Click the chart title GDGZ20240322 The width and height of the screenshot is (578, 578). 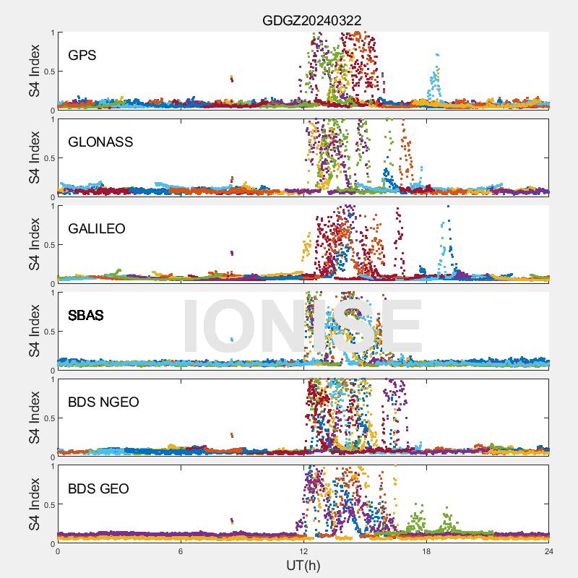pyautogui.click(x=311, y=21)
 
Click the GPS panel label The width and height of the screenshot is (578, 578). pyautogui.click(x=82, y=56)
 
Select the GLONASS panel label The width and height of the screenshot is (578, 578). pyautogui.click(x=100, y=142)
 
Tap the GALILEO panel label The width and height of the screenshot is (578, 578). pyautogui.click(x=97, y=229)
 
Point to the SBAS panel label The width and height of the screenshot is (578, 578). pyautogui.click(x=86, y=316)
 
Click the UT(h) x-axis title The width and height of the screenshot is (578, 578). pyautogui.click(x=303, y=564)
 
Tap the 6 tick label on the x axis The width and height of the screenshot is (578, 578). pyautogui.click(x=181, y=551)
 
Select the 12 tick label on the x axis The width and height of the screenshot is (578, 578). pyautogui.click(x=303, y=551)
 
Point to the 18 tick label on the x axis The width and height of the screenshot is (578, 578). pyautogui.click(x=426, y=551)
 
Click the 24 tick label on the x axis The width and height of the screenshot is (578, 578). pyautogui.click(x=549, y=551)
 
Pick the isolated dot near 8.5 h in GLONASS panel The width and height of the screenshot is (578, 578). pyautogui.click(x=231, y=179)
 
